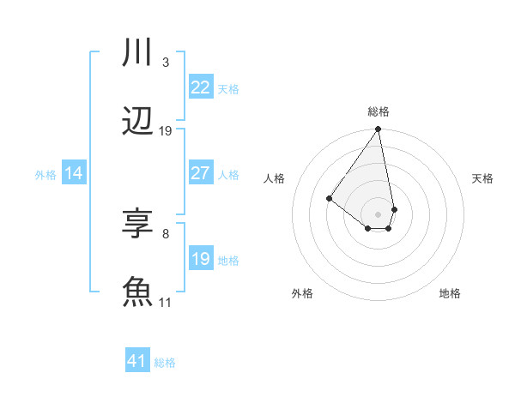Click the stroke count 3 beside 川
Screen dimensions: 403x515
point(166,63)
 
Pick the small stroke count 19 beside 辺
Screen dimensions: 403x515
point(166,131)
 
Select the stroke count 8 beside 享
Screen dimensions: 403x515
point(166,233)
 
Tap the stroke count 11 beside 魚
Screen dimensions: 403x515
point(166,302)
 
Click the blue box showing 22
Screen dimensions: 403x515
point(201,87)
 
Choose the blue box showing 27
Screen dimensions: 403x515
point(201,173)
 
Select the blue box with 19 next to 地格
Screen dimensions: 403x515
point(201,259)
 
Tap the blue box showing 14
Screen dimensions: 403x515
point(74,173)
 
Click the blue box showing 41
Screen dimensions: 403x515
point(137,361)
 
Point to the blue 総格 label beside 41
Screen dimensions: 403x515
point(165,363)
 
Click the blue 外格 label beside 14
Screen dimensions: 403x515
point(45,175)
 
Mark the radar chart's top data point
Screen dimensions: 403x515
point(378,129)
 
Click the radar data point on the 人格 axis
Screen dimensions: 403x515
point(329,198)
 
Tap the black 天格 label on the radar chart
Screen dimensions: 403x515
point(482,178)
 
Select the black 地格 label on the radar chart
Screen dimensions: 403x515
point(450,293)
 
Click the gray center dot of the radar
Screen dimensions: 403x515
point(378,214)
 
